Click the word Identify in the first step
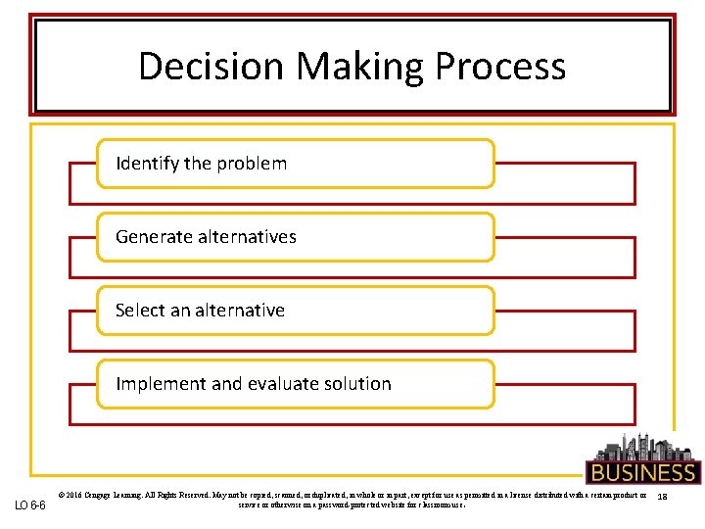(148, 164)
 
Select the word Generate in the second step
(153, 237)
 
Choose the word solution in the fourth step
(358, 384)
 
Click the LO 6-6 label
(29, 505)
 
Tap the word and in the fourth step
(226, 384)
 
